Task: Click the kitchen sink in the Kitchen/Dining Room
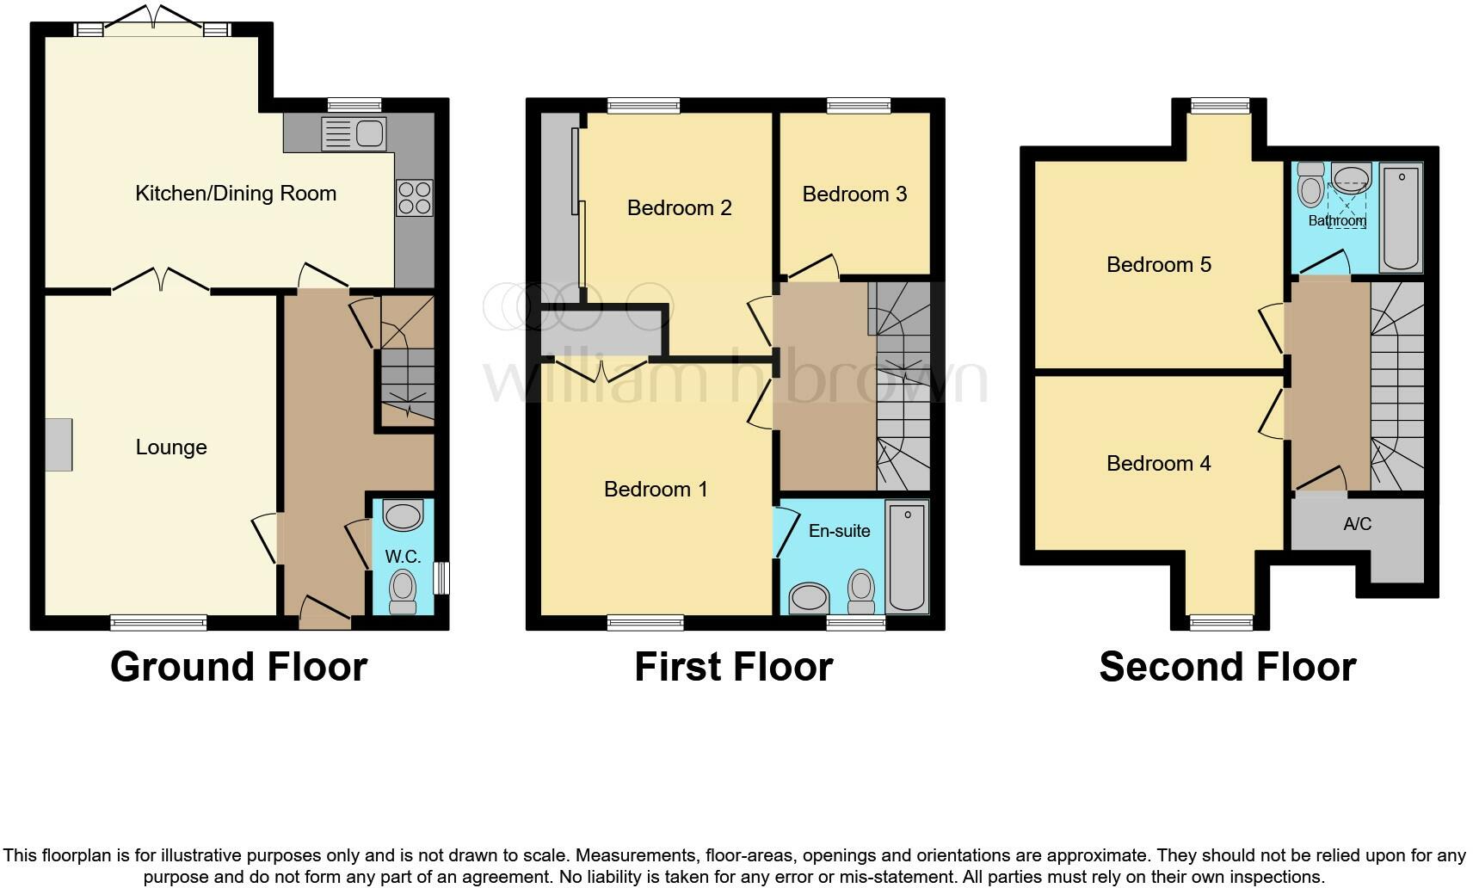tap(354, 134)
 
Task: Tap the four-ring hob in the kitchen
tap(414, 197)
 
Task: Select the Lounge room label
tap(171, 447)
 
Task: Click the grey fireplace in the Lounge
tap(59, 444)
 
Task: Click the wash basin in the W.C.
tap(403, 515)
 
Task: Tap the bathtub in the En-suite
tap(908, 558)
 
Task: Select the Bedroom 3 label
tap(854, 194)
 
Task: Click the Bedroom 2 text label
tap(679, 208)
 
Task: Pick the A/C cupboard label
tap(1357, 524)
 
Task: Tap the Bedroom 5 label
tap(1158, 265)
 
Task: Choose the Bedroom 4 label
tap(1158, 464)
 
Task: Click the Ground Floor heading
tap(239, 667)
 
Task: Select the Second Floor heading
tap(1227, 667)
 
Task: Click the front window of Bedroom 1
tap(645, 622)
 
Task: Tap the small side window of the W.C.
tap(441, 578)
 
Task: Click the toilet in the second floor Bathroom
tap(1310, 184)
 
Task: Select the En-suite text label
tap(839, 531)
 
